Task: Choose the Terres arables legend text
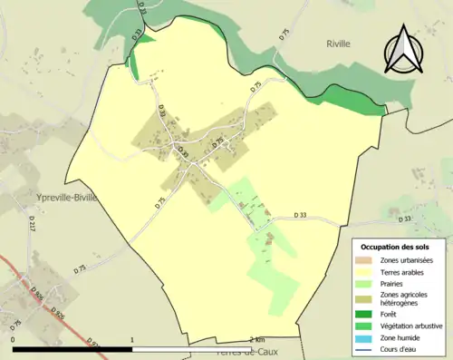405,271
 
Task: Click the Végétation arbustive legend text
412,326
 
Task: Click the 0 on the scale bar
14,339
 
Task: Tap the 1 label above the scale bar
132,339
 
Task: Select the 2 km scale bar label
256,339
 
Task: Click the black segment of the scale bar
72,348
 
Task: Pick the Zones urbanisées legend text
407,260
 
